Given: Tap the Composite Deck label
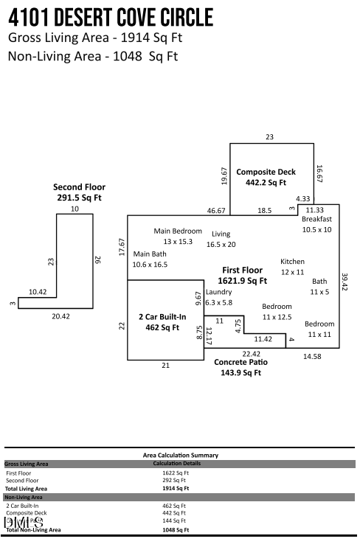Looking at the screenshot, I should [x=266, y=173].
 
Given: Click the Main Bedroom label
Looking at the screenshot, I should [x=178, y=231].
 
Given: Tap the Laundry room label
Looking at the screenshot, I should [x=218, y=292].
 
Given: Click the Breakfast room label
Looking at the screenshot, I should [x=316, y=219].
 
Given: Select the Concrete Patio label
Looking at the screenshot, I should [x=240, y=363].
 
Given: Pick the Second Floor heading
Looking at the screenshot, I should [x=79, y=187].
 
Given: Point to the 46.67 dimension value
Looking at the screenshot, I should [x=216, y=211].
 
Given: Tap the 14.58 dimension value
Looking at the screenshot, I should [x=312, y=357].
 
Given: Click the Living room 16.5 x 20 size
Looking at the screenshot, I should [x=221, y=244].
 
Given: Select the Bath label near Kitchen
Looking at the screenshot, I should [x=319, y=281].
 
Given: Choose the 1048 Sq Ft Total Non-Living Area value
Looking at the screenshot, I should [x=176, y=529].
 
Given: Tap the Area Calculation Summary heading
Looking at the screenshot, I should [x=181, y=456].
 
